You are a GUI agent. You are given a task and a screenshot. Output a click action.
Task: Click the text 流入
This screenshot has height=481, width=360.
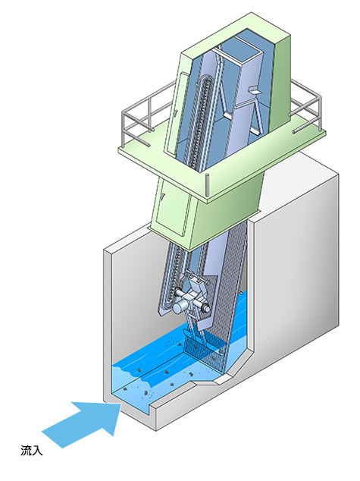(32, 451)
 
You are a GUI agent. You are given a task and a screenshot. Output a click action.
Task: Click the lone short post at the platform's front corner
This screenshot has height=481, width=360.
(207, 184)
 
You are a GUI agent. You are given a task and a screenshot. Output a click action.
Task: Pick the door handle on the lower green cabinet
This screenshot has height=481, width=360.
(163, 197)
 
